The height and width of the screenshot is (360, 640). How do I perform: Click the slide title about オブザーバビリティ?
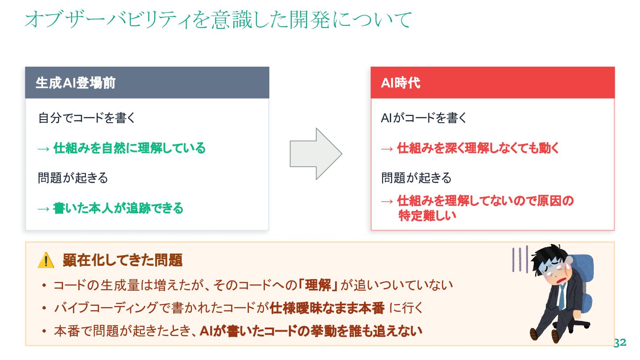[218, 20]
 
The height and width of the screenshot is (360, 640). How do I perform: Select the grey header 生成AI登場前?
[76, 83]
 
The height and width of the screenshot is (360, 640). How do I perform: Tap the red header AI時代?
[400, 83]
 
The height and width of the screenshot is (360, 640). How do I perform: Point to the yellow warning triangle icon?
[46, 260]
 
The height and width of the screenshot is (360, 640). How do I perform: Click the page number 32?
[620, 343]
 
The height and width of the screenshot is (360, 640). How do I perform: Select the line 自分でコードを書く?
[87, 118]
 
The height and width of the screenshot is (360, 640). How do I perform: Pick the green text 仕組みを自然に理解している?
[129, 148]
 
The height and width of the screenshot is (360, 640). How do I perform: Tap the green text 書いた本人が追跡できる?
[118, 208]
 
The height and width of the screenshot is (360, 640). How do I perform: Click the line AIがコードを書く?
[424, 118]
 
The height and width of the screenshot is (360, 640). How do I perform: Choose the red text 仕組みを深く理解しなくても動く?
[478, 148]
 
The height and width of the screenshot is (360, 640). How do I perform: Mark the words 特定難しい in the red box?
[428, 216]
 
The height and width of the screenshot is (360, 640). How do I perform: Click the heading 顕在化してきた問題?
[123, 260]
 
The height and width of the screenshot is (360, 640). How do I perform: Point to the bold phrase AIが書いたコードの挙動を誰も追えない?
[311, 331]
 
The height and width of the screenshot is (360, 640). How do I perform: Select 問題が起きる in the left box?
[73, 178]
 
